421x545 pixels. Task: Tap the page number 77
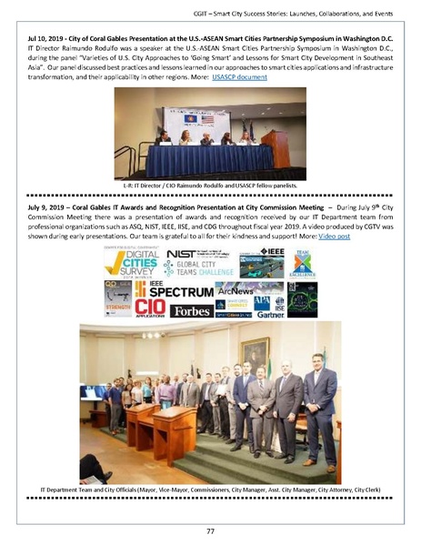click(210, 530)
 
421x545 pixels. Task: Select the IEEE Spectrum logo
click(174, 290)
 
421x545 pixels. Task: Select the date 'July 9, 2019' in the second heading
click(38, 207)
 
